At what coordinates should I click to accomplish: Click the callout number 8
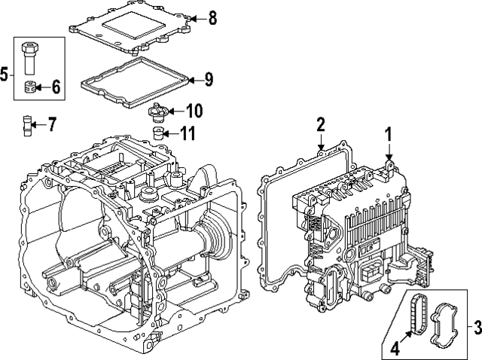click(212, 17)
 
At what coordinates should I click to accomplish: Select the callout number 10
click(194, 111)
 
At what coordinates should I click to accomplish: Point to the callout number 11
click(188, 136)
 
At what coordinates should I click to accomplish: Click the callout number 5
click(5, 74)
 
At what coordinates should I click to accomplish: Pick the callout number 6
click(55, 87)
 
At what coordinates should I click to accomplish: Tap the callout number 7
click(51, 124)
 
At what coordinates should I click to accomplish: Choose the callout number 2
click(321, 124)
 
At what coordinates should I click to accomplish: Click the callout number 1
click(389, 136)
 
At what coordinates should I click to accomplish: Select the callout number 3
click(476, 328)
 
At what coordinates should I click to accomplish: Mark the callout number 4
click(394, 349)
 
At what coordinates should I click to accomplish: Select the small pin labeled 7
click(29, 124)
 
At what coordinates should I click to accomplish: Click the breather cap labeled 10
click(157, 111)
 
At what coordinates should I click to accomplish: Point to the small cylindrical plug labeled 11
click(159, 136)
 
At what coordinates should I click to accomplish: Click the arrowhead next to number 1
click(389, 156)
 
